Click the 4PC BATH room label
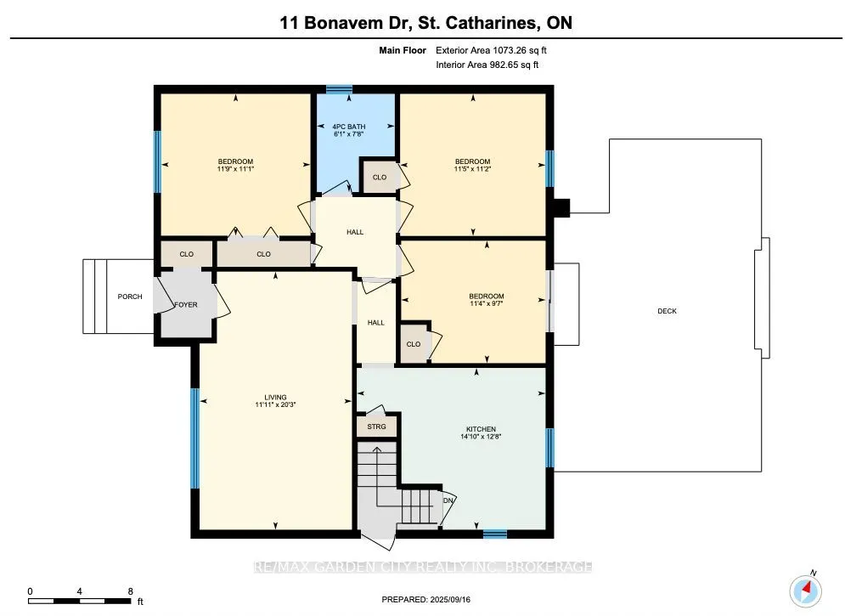[349, 127]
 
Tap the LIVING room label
[275, 397]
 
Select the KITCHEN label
[481, 429]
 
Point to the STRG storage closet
[377, 427]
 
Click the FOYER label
[186, 304]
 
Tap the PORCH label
[130, 297]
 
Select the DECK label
[668, 311]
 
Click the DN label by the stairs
[448, 500]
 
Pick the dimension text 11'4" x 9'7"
[486, 303]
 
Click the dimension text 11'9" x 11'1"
[235, 169]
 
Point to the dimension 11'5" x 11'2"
[473, 169]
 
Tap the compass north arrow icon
[806, 590]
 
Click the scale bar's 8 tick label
[131, 591]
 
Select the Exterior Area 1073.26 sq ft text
[491, 50]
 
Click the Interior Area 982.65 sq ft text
[487, 65]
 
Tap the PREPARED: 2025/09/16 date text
[425, 599]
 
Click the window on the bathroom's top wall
[340, 89]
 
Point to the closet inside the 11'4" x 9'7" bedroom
[414, 343]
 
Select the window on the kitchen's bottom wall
[495, 534]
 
